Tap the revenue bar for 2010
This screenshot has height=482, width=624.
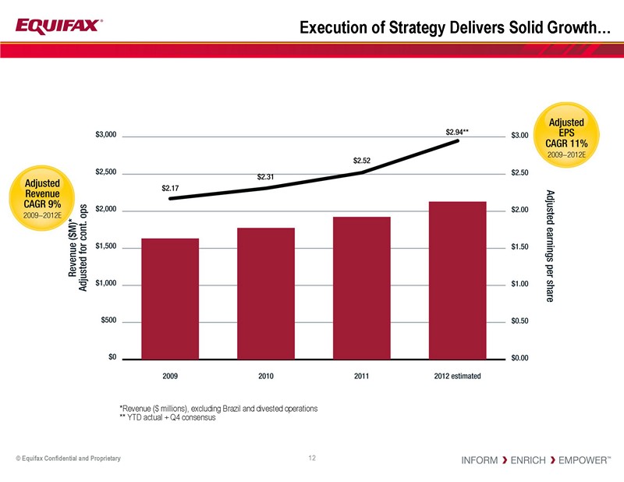coord(266,292)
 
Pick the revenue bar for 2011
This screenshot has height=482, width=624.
coord(361,287)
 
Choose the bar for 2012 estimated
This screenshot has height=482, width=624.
coord(457,279)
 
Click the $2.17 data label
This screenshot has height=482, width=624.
coord(170,188)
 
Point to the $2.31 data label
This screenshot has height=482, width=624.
coord(266,177)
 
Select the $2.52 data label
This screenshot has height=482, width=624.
coord(361,161)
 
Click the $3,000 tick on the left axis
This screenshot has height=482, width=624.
coord(106,136)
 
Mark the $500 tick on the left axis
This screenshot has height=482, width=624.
coord(108,321)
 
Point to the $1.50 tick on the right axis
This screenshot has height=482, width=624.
coord(519,247)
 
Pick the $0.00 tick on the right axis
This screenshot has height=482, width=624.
coord(519,358)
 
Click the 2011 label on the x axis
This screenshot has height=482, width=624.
coord(361,376)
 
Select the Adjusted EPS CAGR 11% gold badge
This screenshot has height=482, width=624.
coord(567,133)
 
